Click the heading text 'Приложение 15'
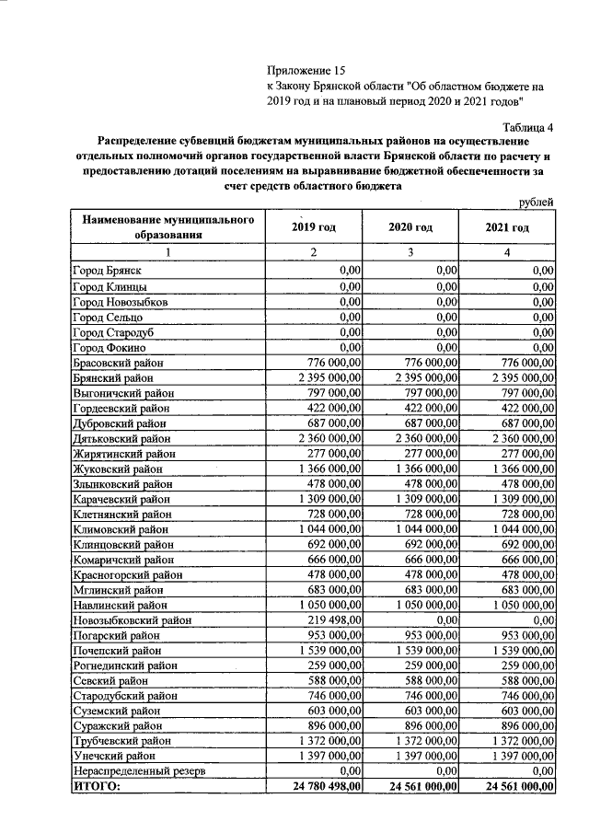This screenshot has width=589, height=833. (x=305, y=71)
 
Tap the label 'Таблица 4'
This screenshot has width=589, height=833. (x=528, y=127)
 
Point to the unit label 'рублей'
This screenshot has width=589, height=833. (x=536, y=202)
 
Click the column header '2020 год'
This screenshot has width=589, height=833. (x=410, y=227)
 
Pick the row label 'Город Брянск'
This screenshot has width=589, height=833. (x=108, y=271)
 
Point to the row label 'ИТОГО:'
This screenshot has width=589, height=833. (x=96, y=786)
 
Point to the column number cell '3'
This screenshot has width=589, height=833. (x=410, y=252)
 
